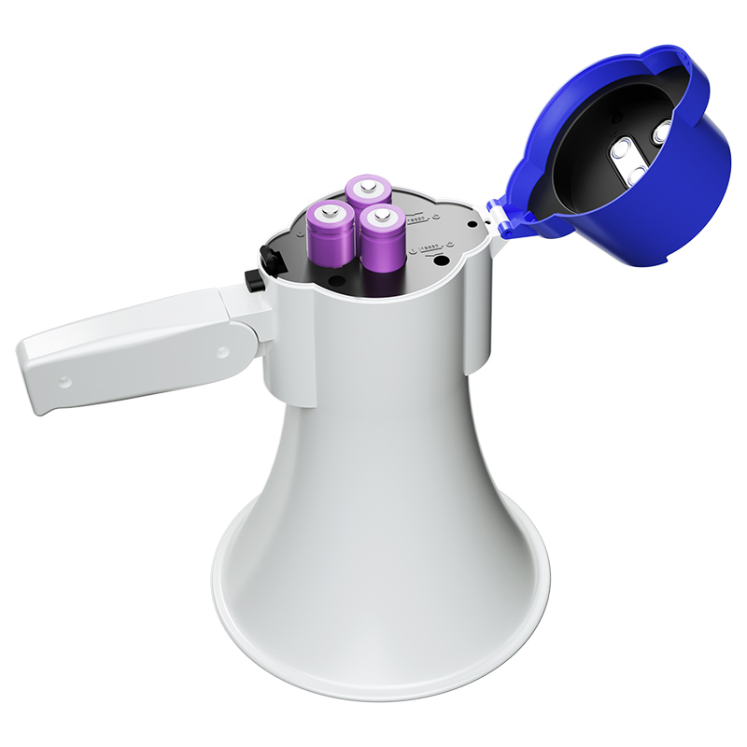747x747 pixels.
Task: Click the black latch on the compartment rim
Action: [272, 261]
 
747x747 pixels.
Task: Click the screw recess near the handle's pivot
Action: [222, 352]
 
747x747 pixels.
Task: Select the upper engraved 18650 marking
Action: [418, 218]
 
